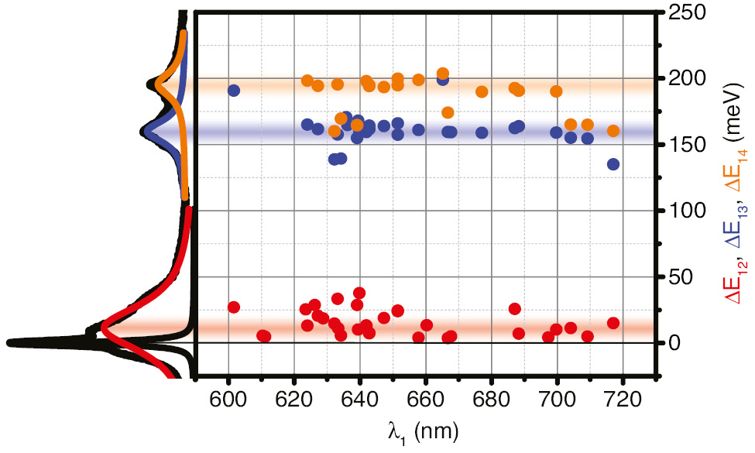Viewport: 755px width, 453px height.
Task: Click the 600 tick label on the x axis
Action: (228, 402)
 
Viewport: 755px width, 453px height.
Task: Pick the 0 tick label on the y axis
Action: (674, 343)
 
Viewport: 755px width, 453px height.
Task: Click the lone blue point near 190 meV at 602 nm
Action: (234, 91)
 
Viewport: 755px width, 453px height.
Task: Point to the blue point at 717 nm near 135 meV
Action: (613, 164)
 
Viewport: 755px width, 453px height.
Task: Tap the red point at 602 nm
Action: (234, 307)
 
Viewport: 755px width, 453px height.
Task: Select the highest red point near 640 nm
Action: (359, 293)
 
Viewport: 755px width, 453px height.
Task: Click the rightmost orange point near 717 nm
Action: (613, 131)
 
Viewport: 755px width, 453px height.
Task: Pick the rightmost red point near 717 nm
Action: (613, 323)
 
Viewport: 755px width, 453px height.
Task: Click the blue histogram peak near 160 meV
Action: (145, 132)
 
